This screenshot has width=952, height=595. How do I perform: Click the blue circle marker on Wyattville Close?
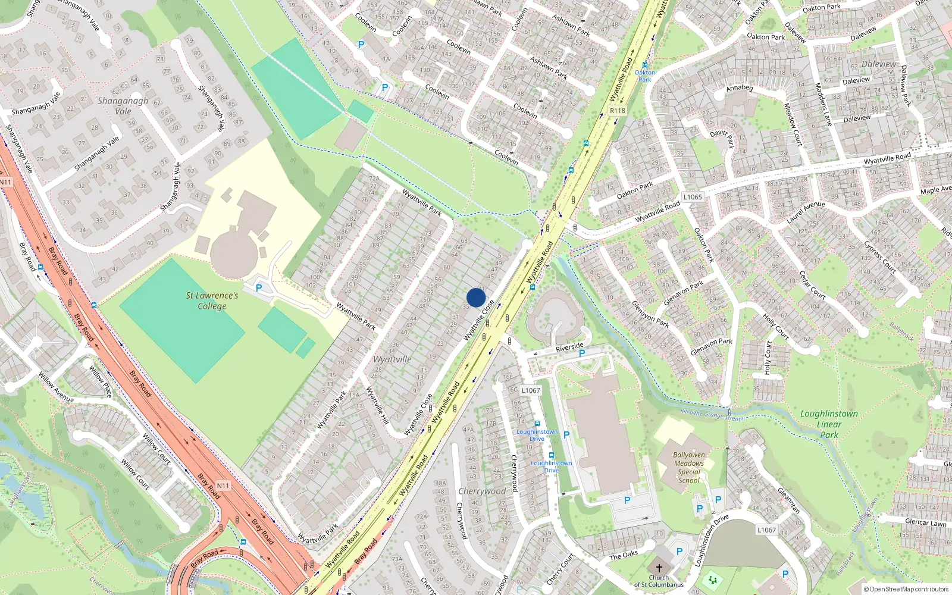(476, 297)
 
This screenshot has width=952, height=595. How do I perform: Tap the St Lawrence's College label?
(212, 300)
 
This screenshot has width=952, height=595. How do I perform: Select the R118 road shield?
(618, 111)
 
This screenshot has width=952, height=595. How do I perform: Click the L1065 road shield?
(693, 197)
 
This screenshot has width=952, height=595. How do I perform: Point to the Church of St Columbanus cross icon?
(659, 568)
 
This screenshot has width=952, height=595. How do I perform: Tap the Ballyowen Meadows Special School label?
(689, 468)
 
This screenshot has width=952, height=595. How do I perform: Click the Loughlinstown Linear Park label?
(829, 424)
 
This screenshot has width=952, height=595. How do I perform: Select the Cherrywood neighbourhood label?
(482, 491)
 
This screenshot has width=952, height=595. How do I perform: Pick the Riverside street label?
(569, 346)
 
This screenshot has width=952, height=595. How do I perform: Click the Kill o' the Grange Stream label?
(712, 414)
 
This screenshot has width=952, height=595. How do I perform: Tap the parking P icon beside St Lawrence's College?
(259, 287)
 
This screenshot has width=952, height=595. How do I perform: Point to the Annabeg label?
(740, 88)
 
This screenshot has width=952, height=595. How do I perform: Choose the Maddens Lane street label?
(823, 104)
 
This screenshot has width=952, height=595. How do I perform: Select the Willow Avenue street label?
(56, 387)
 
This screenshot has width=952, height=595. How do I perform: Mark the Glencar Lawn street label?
(925, 522)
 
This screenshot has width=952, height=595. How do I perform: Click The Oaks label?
(624, 556)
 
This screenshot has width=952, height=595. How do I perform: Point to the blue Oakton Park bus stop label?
(644, 76)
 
